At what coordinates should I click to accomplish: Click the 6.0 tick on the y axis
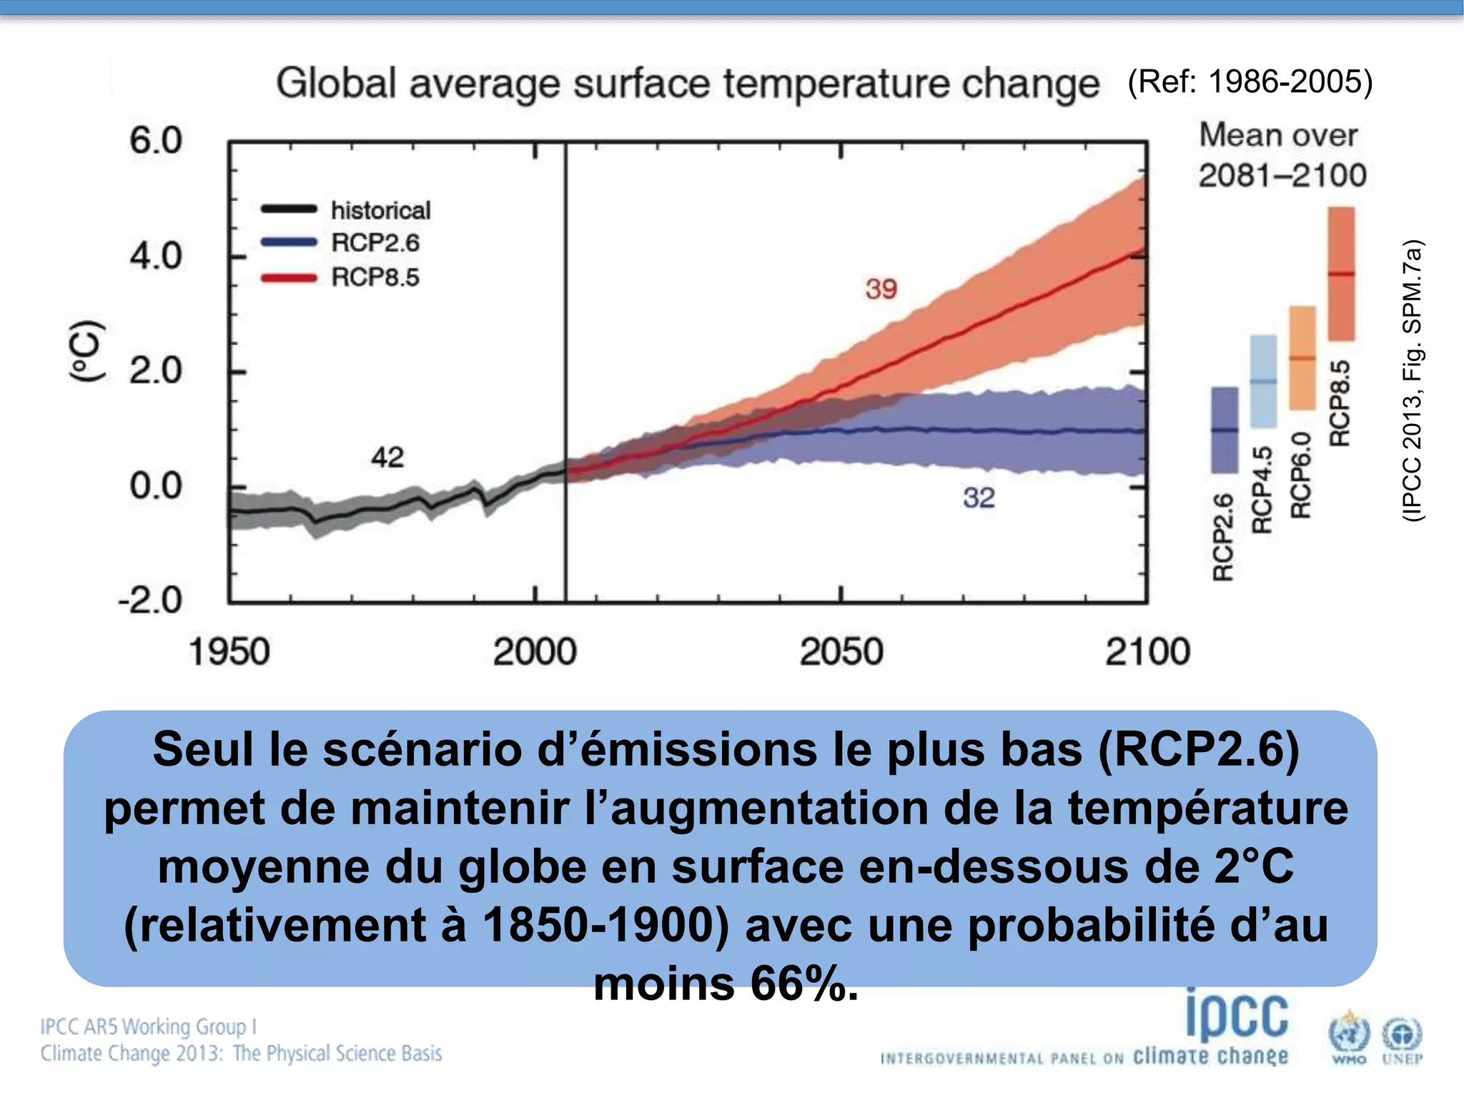(x=156, y=140)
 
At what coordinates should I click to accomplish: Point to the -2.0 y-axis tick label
(x=150, y=600)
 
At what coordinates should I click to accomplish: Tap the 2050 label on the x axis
(x=841, y=652)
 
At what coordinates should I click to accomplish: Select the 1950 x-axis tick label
(x=229, y=652)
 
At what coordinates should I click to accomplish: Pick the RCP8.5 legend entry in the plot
(x=375, y=277)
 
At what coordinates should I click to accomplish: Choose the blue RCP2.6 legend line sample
(x=289, y=242)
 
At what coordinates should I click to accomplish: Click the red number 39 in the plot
(x=881, y=289)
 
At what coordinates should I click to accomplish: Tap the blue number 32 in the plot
(x=978, y=498)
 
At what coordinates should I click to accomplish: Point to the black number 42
(x=387, y=457)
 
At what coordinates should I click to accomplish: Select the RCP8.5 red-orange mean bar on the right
(x=1341, y=273)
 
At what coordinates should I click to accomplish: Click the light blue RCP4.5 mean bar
(x=1263, y=380)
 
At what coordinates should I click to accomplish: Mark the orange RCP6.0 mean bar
(x=1302, y=357)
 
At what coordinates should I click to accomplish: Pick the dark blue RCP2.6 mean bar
(x=1224, y=430)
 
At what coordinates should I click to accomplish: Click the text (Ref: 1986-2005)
(x=1250, y=81)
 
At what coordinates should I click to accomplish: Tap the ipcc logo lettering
(x=1237, y=1015)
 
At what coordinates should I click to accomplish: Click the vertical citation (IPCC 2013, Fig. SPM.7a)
(x=1413, y=380)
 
